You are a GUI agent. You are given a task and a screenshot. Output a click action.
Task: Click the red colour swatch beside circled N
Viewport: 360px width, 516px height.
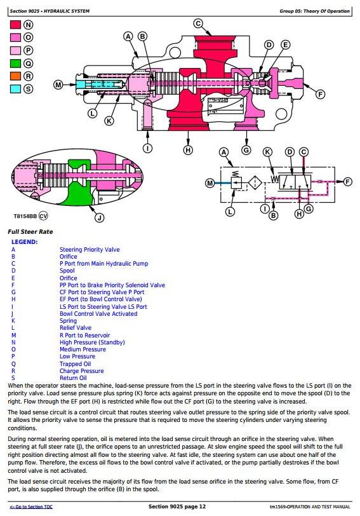pos(15,25)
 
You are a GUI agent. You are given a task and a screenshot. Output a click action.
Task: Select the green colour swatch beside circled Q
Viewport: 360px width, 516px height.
pos(15,64)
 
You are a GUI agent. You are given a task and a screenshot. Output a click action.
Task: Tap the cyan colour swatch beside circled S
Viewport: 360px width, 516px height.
pos(15,89)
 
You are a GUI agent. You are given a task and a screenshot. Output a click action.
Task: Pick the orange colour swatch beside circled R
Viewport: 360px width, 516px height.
pos(15,76)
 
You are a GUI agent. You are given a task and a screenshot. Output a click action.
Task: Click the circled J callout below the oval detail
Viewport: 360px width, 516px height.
pos(99,217)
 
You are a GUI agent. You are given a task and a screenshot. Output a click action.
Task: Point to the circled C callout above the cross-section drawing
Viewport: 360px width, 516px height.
pos(198,24)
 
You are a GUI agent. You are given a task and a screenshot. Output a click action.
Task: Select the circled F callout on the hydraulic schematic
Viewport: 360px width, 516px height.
pos(347,182)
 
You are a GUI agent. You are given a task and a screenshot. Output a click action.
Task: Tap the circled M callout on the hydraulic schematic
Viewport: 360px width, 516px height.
pos(210,182)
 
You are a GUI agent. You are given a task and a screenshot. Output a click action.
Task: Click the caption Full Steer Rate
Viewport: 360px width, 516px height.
pos(30,232)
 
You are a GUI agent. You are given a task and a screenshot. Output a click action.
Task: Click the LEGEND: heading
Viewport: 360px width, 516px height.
pos(25,242)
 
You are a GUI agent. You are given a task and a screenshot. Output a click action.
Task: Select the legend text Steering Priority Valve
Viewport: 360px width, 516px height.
pos(90,250)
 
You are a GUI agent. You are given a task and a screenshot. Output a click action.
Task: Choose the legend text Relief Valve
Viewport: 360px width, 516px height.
pos(76,328)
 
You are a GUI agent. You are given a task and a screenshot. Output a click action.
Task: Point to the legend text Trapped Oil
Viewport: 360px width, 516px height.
pos(75,363)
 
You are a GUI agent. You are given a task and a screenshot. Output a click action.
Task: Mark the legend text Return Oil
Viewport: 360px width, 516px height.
pos(73,378)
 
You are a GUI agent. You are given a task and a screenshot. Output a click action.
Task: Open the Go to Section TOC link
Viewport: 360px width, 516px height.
pos(31,507)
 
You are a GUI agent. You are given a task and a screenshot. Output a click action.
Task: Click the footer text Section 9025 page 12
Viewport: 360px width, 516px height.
pos(177,506)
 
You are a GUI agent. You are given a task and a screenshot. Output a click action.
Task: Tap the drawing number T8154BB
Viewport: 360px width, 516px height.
pos(25,216)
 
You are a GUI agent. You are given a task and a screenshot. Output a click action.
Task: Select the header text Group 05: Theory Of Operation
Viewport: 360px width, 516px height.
pos(315,11)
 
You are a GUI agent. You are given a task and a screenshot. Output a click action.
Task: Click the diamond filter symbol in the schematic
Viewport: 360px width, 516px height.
pos(255,182)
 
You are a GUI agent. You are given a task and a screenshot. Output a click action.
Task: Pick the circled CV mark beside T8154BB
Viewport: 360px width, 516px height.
pos(43,216)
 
